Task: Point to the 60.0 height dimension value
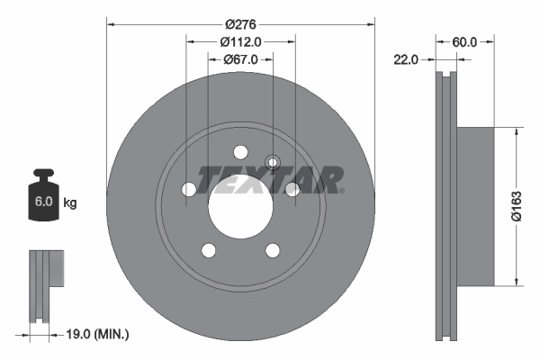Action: [464, 41]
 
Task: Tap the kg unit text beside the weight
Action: [70, 203]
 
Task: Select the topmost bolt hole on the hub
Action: [240, 152]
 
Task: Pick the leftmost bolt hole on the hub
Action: [188, 190]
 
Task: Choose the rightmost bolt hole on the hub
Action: [292, 190]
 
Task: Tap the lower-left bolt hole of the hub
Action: [208, 250]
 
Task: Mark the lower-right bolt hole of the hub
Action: [273, 250]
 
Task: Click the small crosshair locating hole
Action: [274, 162]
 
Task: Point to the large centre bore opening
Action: [240, 207]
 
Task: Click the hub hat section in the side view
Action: [475, 206]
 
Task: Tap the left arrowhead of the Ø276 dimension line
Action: [110, 23]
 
